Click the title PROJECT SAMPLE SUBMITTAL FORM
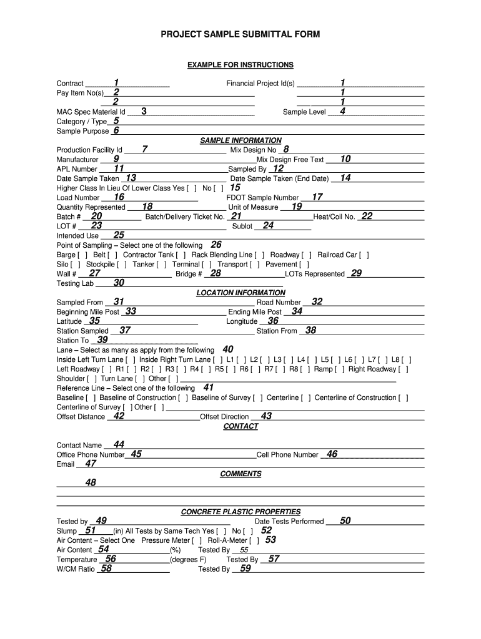point(241,35)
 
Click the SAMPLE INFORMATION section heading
point(241,140)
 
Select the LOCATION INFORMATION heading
point(241,293)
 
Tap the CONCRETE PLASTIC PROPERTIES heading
point(241,512)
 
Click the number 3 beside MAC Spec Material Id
point(144,111)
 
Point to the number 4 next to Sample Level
point(342,111)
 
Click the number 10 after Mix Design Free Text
point(345,159)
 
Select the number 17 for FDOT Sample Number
point(317,197)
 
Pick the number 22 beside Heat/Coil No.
point(367,216)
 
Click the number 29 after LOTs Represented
point(356,273)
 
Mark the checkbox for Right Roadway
point(403,369)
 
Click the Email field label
point(66,464)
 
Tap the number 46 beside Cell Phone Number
point(332,454)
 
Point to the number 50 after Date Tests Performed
point(345,520)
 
